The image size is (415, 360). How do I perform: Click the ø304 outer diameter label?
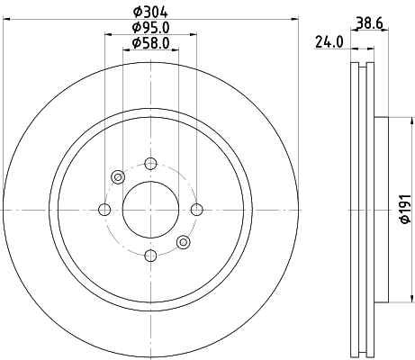coord(150,11)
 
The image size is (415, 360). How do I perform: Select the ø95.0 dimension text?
coord(149,27)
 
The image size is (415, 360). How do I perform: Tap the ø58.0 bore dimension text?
coord(149,42)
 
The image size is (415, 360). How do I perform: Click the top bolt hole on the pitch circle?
coord(150,163)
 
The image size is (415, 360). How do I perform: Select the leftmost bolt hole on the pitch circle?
coord(104,210)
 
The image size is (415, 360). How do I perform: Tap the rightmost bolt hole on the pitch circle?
coord(196,210)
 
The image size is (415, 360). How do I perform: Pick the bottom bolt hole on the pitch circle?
coord(150,256)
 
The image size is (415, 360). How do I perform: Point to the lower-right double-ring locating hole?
coord(184,241)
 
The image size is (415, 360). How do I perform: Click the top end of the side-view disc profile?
coord(363,64)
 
